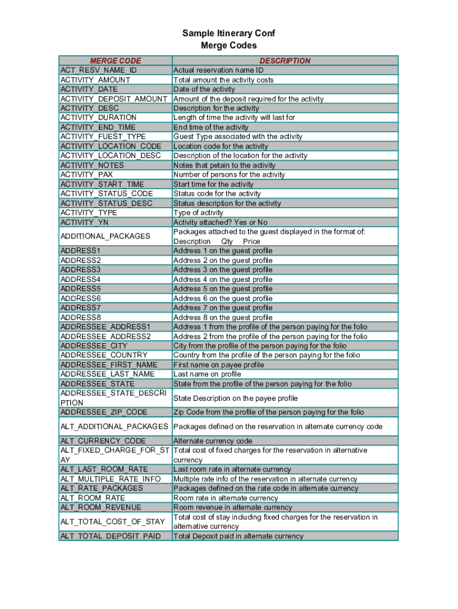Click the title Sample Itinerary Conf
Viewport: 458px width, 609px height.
tap(228, 33)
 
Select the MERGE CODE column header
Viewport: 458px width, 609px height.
tap(115, 61)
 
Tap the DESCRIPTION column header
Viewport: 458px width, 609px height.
tap(284, 61)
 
